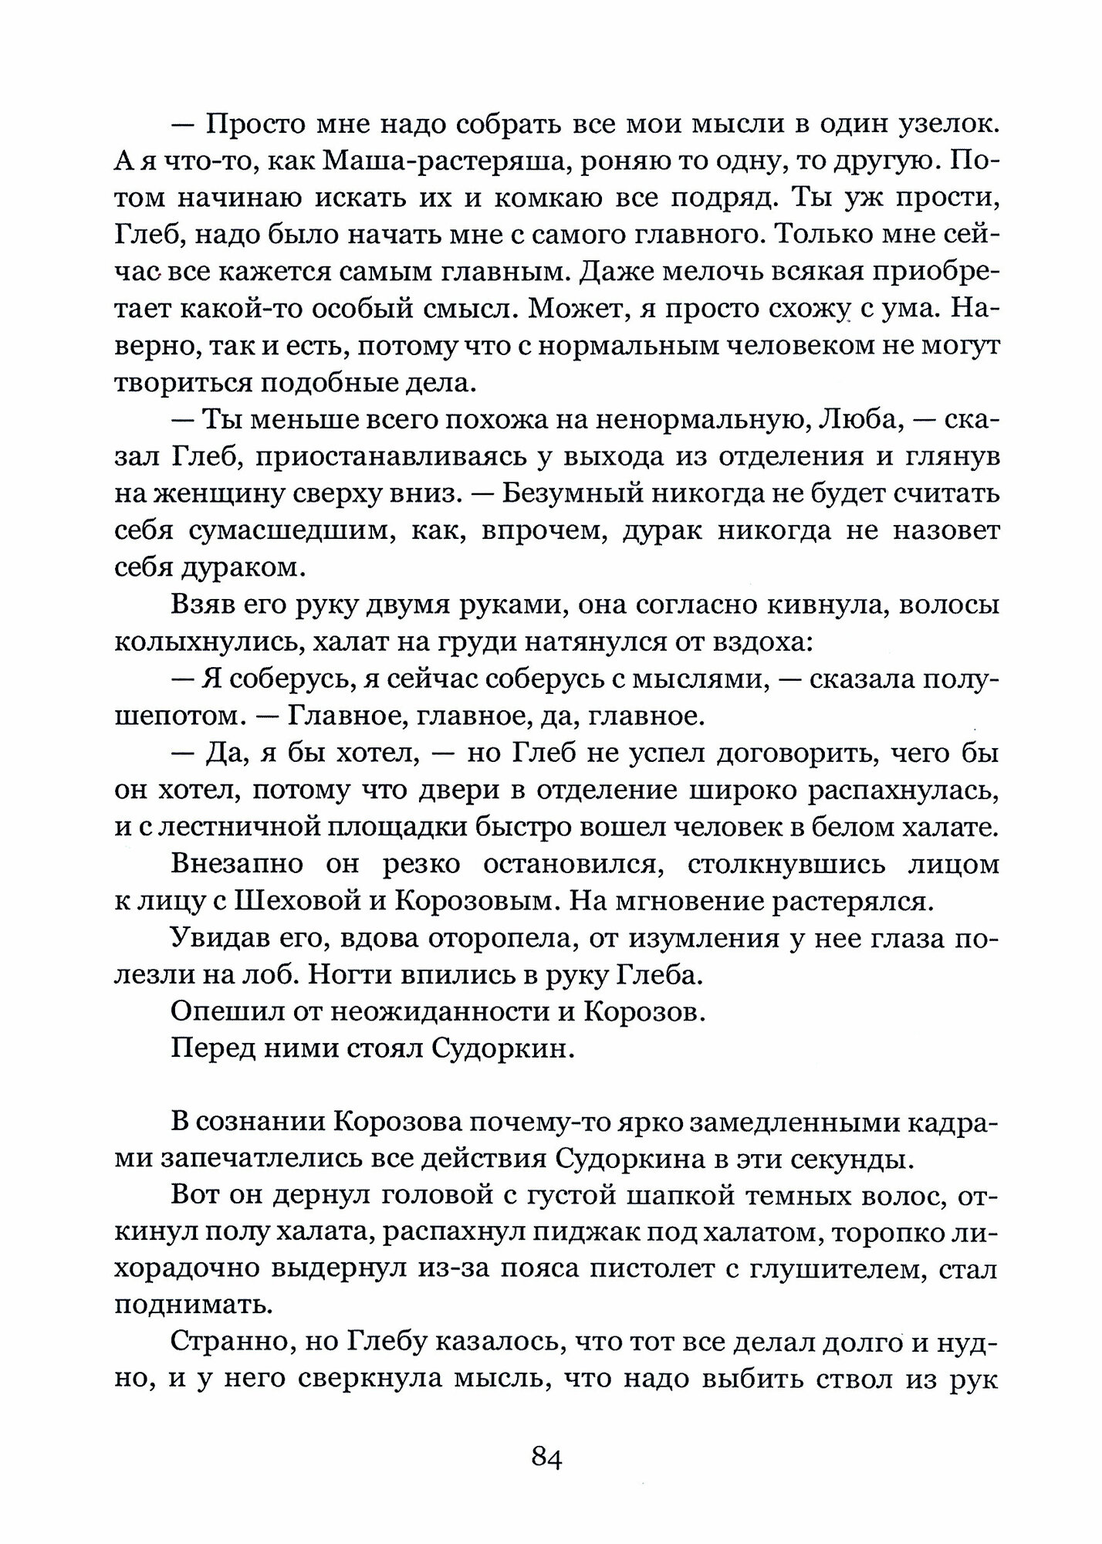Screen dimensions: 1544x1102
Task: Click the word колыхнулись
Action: (196, 642)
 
